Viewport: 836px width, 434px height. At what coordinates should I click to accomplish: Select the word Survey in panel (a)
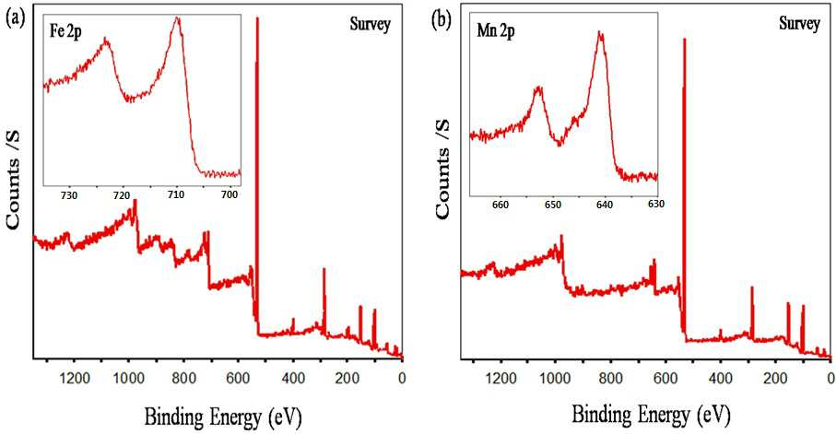click(370, 25)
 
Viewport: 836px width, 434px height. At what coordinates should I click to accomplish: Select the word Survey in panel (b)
click(799, 24)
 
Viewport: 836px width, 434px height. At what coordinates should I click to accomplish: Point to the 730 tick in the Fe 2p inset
click(69, 194)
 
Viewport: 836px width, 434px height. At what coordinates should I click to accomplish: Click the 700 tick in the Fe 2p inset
click(230, 194)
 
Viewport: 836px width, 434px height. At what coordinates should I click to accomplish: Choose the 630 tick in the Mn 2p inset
click(656, 205)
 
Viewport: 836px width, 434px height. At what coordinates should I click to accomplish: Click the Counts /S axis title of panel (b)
click(444, 169)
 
